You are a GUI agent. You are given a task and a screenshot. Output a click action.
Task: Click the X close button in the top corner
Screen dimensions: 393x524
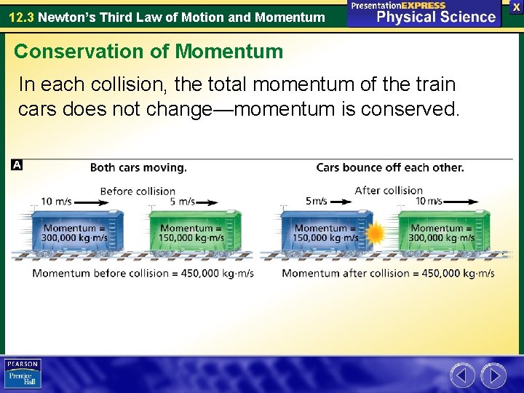516,7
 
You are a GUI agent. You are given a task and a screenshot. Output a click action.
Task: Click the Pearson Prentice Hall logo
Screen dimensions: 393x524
23,373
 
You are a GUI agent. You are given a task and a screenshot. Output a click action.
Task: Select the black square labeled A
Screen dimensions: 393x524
17,165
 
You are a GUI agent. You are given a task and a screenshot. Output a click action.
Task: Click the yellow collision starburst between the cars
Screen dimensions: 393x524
376,234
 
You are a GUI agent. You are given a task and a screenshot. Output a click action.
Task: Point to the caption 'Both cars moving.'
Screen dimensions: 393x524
138,167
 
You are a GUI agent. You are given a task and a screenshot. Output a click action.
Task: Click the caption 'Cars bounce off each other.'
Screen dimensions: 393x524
389,167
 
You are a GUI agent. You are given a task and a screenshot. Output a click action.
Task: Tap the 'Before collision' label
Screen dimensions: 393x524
138,191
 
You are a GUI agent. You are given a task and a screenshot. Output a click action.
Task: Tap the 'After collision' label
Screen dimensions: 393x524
389,190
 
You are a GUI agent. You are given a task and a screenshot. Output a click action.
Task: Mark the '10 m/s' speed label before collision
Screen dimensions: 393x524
56,202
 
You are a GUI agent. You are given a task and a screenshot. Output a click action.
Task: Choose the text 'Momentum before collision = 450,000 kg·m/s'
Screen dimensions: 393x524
143,274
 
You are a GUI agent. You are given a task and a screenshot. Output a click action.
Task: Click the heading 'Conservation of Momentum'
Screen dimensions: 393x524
148,51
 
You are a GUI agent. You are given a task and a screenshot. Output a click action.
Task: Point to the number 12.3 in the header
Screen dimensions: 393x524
20,16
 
